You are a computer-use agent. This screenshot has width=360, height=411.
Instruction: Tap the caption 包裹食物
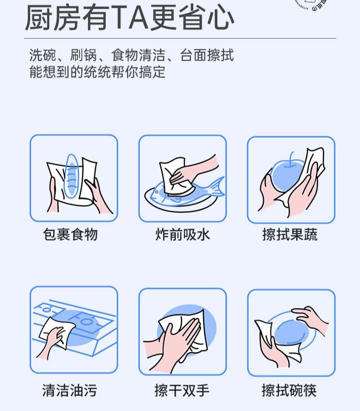pyautogui.click(x=71, y=235)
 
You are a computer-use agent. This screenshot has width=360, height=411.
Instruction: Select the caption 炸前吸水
pyautogui.click(x=182, y=235)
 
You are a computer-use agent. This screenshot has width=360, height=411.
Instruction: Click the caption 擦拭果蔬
pyautogui.click(x=290, y=235)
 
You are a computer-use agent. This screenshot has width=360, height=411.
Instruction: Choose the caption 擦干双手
pyautogui.click(x=182, y=390)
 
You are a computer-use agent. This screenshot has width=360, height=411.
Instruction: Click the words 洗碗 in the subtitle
pyautogui.click(x=38, y=56)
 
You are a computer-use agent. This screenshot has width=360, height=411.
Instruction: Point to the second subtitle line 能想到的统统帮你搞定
pyautogui.click(x=97, y=72)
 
